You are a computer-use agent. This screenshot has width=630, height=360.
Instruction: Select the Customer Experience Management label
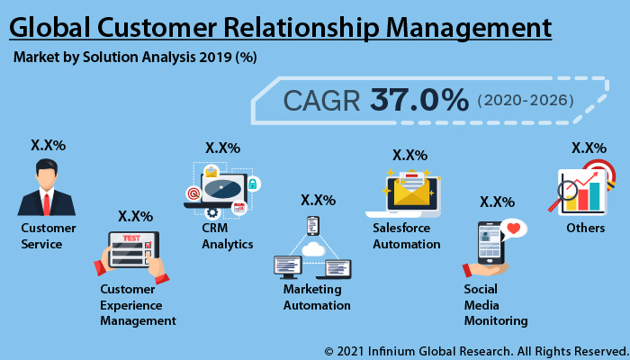[x=138, y=304]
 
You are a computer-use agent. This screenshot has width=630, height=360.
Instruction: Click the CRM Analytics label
[x=227, y=236]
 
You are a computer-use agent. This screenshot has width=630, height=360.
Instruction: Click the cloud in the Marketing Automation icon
[x=312, y=248]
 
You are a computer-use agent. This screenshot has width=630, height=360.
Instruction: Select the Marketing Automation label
[x=317, y=297]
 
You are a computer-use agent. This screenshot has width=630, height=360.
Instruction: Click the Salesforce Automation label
[x=408, y=236]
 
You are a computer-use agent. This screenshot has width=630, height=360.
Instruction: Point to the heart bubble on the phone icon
[x=514, y=229]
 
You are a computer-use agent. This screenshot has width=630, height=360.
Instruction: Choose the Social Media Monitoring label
[x=495, y=304]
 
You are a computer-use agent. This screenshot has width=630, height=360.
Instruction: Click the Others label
[x=585, y=229]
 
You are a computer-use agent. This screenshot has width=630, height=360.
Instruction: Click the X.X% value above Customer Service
[x=48, y=145]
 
